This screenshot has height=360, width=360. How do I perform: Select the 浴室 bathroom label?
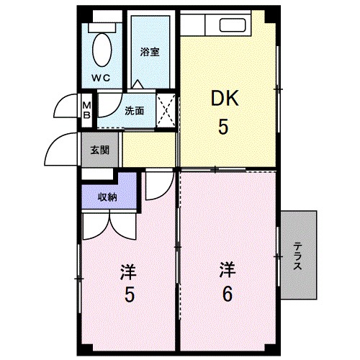tap(150, 51)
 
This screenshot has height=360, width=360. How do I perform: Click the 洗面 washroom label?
tap(134, 111)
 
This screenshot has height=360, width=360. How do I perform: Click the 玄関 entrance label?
tap(100, 150)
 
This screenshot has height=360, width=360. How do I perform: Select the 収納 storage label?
tap(108, 197)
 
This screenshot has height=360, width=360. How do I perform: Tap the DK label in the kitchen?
tap(224, 99)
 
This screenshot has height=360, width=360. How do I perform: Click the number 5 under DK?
tap(224, 127)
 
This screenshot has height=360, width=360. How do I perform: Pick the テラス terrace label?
tap(297, 256)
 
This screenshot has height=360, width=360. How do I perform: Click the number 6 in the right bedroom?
tap(226, 294)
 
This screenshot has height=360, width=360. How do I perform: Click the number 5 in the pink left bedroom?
tap(128, 294)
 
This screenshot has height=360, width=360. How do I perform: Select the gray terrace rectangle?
tap(299, 256)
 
